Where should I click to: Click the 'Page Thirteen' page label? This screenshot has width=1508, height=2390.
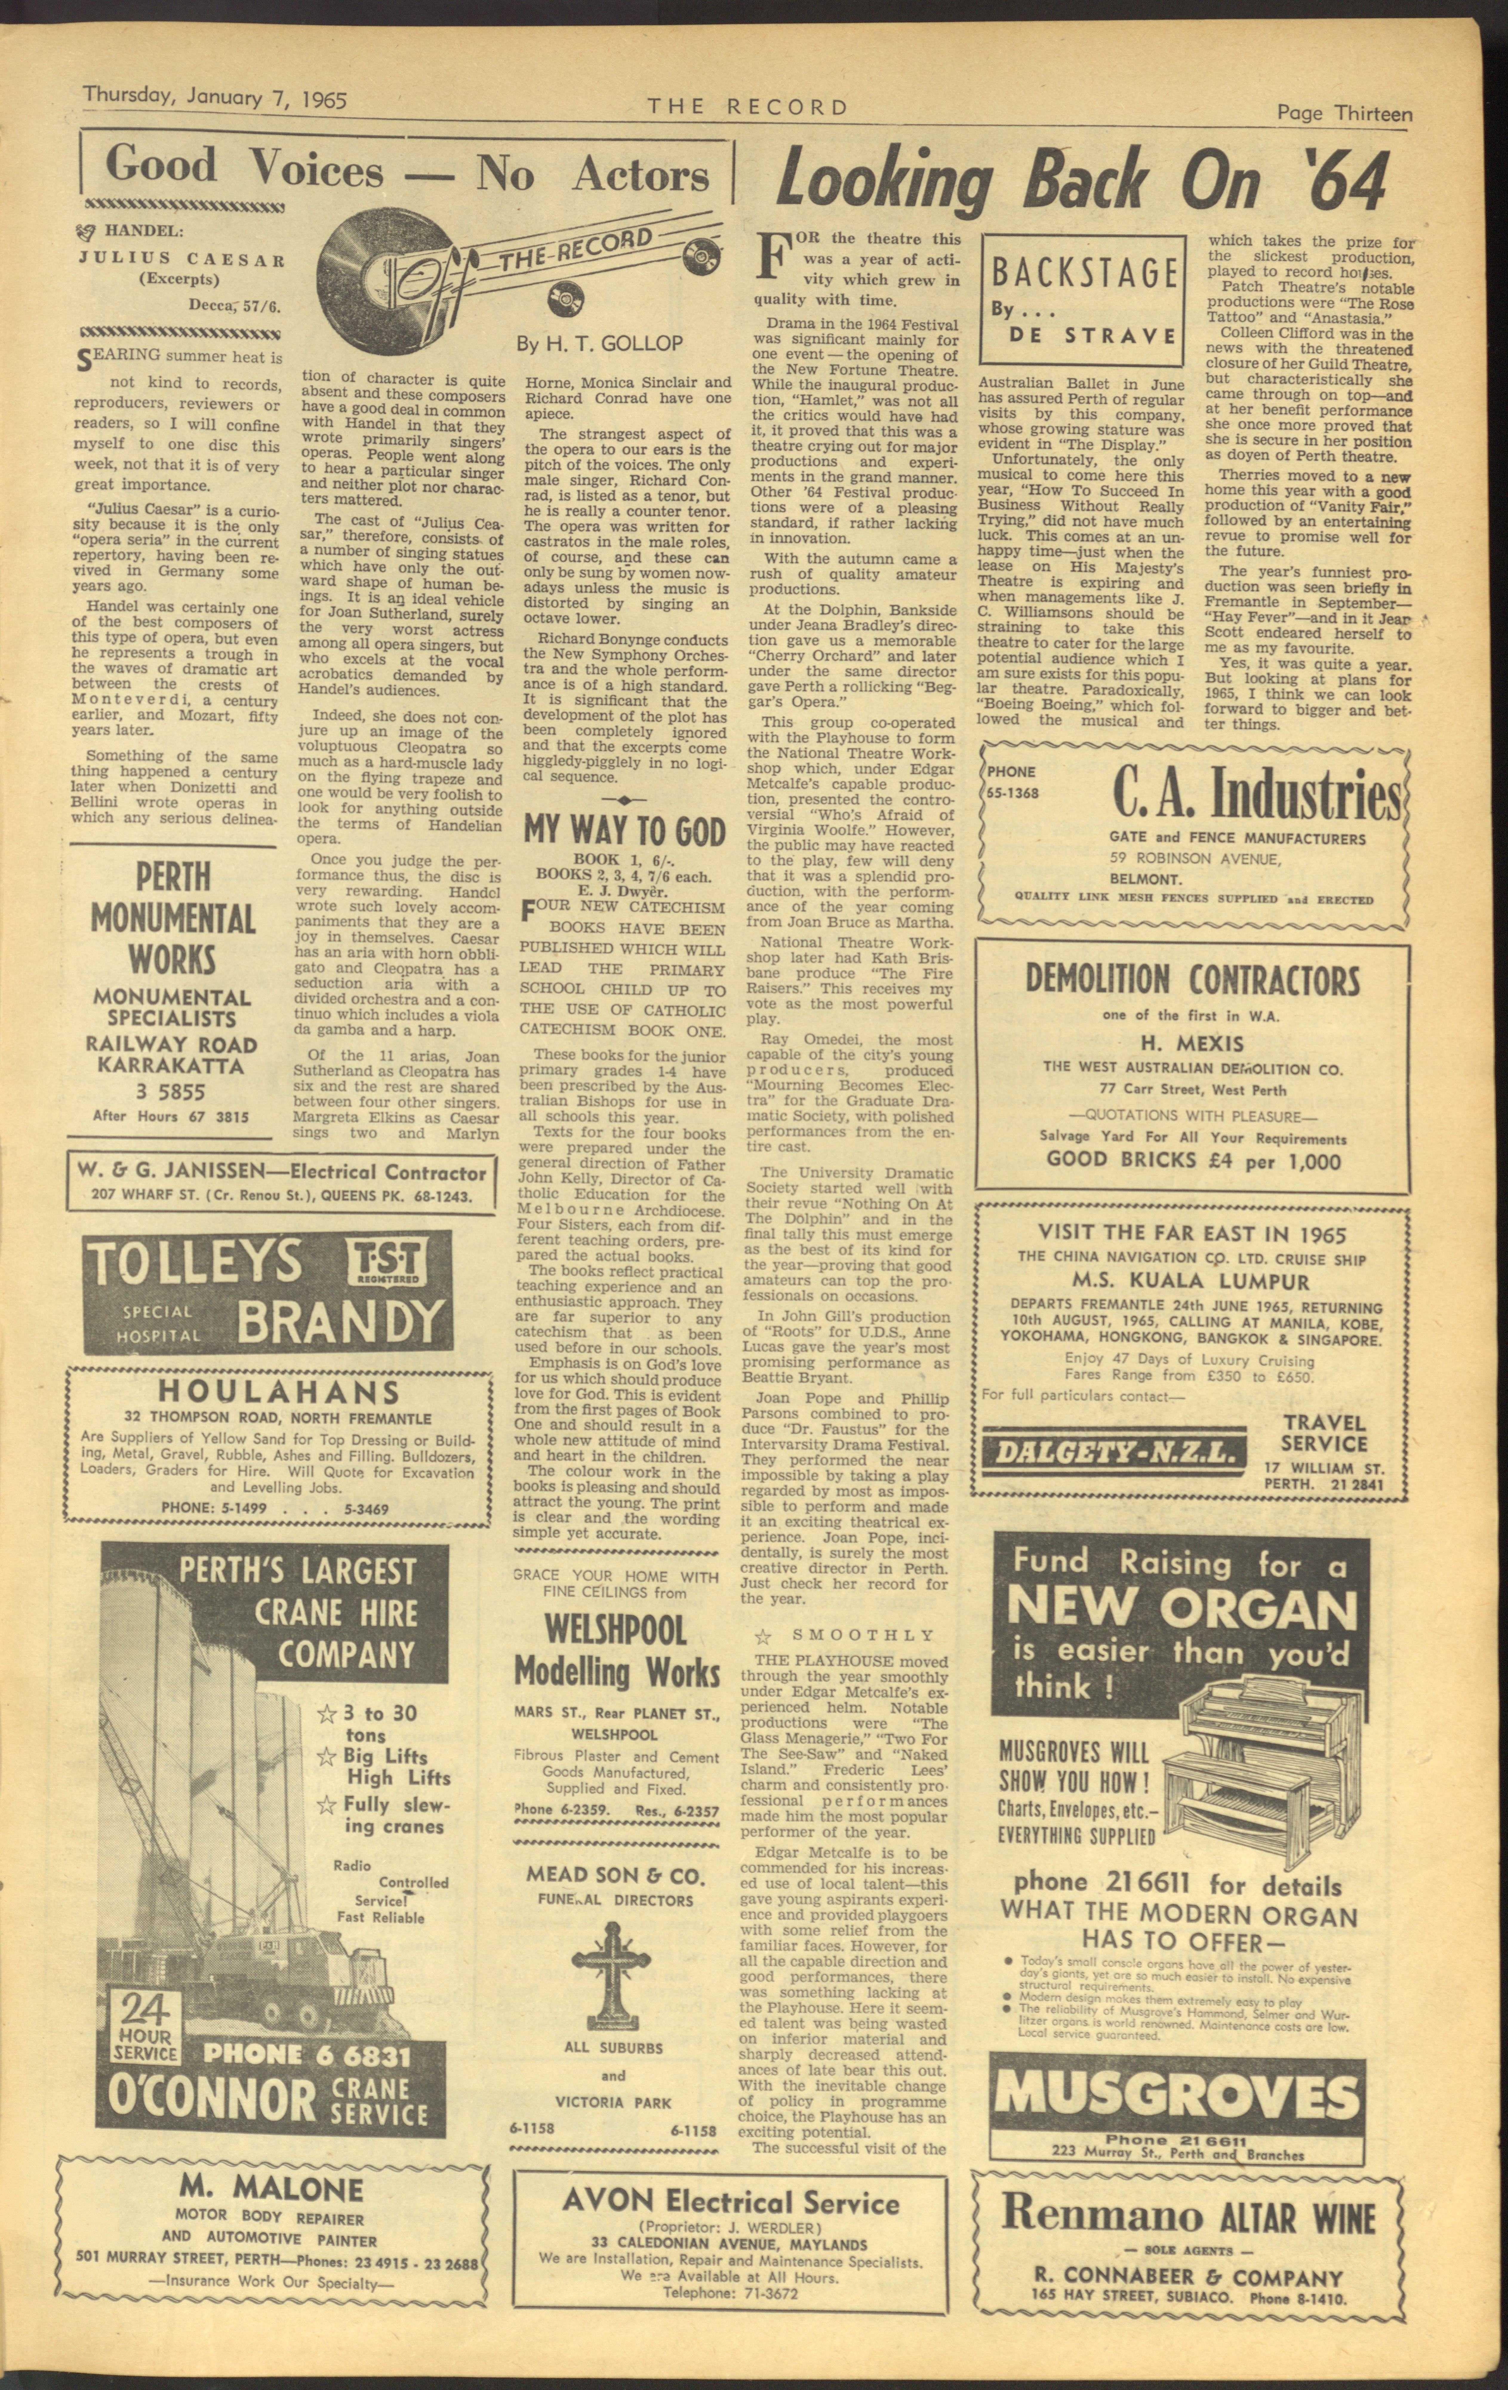[x=1343, y=114]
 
